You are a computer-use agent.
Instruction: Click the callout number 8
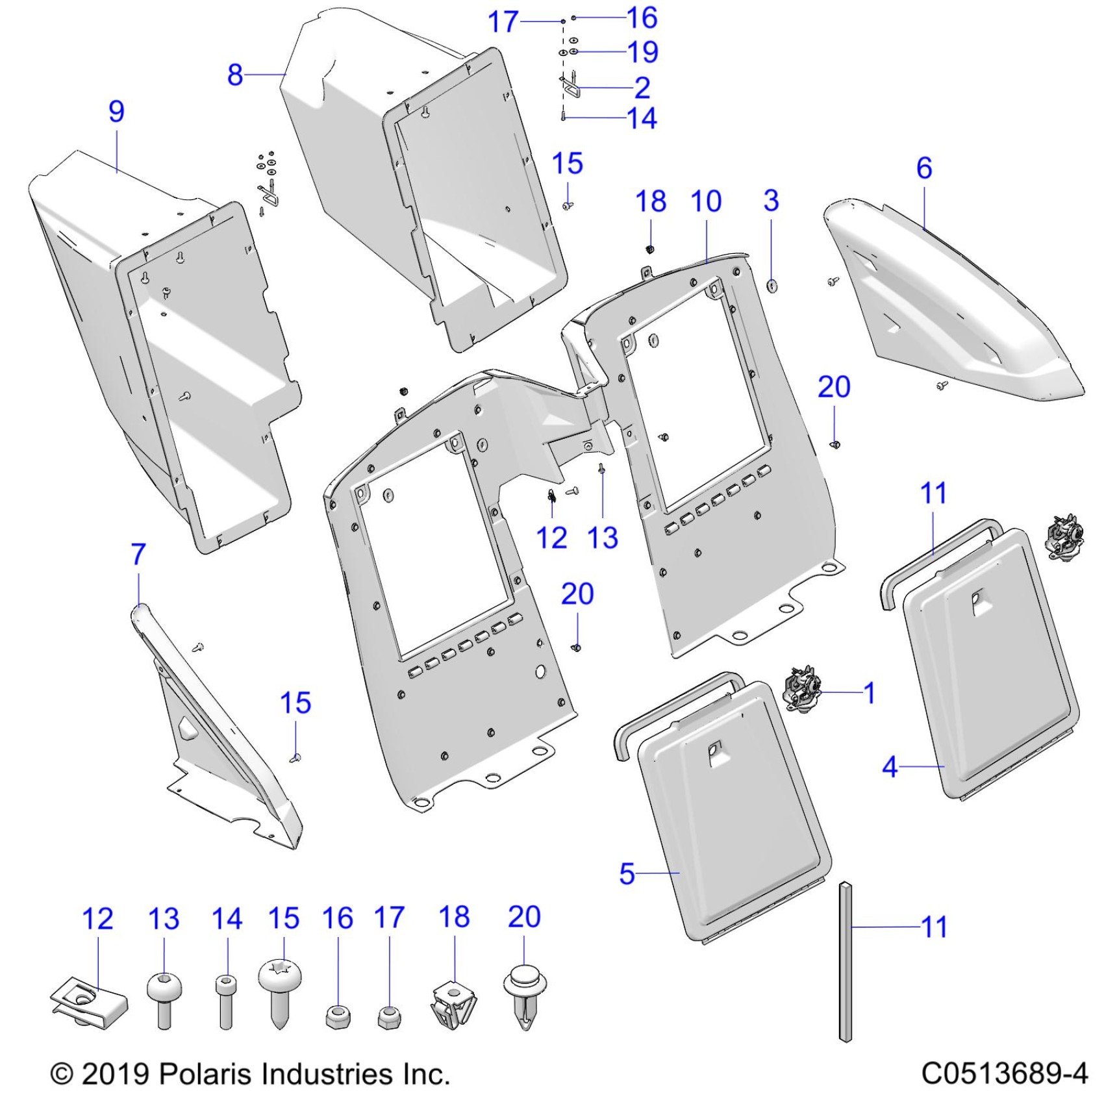[x=235, y=75]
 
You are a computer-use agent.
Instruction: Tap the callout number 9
[x=116, y=111]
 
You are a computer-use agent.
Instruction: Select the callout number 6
[x=924, y=168]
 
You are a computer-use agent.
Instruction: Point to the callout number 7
[x=138, y=555]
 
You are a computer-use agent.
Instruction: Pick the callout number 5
[x=627, y=873]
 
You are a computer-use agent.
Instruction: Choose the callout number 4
[x=890, y=767]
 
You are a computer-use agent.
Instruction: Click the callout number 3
[x=771, y=201]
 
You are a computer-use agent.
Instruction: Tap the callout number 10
[x=706, y=201]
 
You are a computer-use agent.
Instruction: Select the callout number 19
[x=643, y=52]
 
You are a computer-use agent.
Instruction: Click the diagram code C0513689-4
[x=1004, y=1073]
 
